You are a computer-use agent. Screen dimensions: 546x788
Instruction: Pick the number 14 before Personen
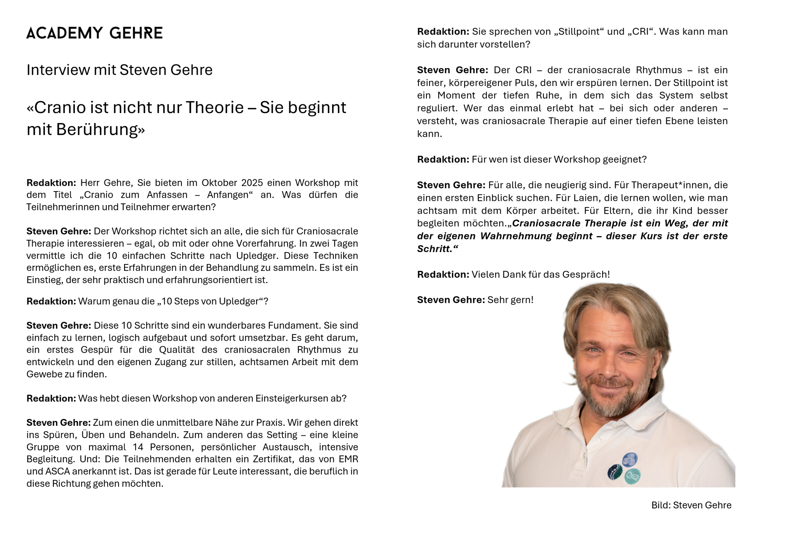pos(138,447)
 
